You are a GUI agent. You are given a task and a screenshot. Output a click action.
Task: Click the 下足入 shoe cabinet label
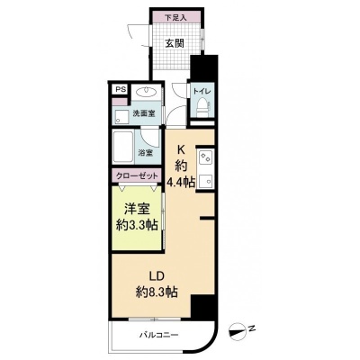[x=176, y=18]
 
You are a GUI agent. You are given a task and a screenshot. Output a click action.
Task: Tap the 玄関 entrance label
[x=175, y=43]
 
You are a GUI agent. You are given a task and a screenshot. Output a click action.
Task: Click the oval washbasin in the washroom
[x=147, y=91]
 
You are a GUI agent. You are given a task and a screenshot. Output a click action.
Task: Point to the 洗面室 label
[x=144, y=113]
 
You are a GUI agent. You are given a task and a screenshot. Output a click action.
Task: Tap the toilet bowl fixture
[x=202, y=108]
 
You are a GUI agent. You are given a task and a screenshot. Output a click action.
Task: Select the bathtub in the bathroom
[x=123, y=147]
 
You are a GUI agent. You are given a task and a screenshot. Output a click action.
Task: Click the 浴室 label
[x=145, y=153]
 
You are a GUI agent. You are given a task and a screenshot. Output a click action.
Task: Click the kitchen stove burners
[x=206, y=157]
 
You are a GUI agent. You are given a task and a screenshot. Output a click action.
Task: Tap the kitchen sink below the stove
[x=206, y=181]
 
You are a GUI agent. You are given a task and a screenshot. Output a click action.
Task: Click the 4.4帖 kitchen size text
[x=181, y=182]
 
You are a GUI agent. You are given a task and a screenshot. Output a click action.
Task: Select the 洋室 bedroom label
[x=137, y=209]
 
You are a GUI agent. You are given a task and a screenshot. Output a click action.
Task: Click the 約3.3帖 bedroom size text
[x=137, y=225]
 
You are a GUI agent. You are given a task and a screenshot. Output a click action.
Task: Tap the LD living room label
[x=157, y=275]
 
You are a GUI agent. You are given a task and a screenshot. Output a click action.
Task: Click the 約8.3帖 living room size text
[x=157, y=291]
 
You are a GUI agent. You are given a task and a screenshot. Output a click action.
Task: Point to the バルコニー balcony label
[x=159, y=335]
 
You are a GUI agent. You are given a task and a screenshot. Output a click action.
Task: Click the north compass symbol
[x=238, y=329]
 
